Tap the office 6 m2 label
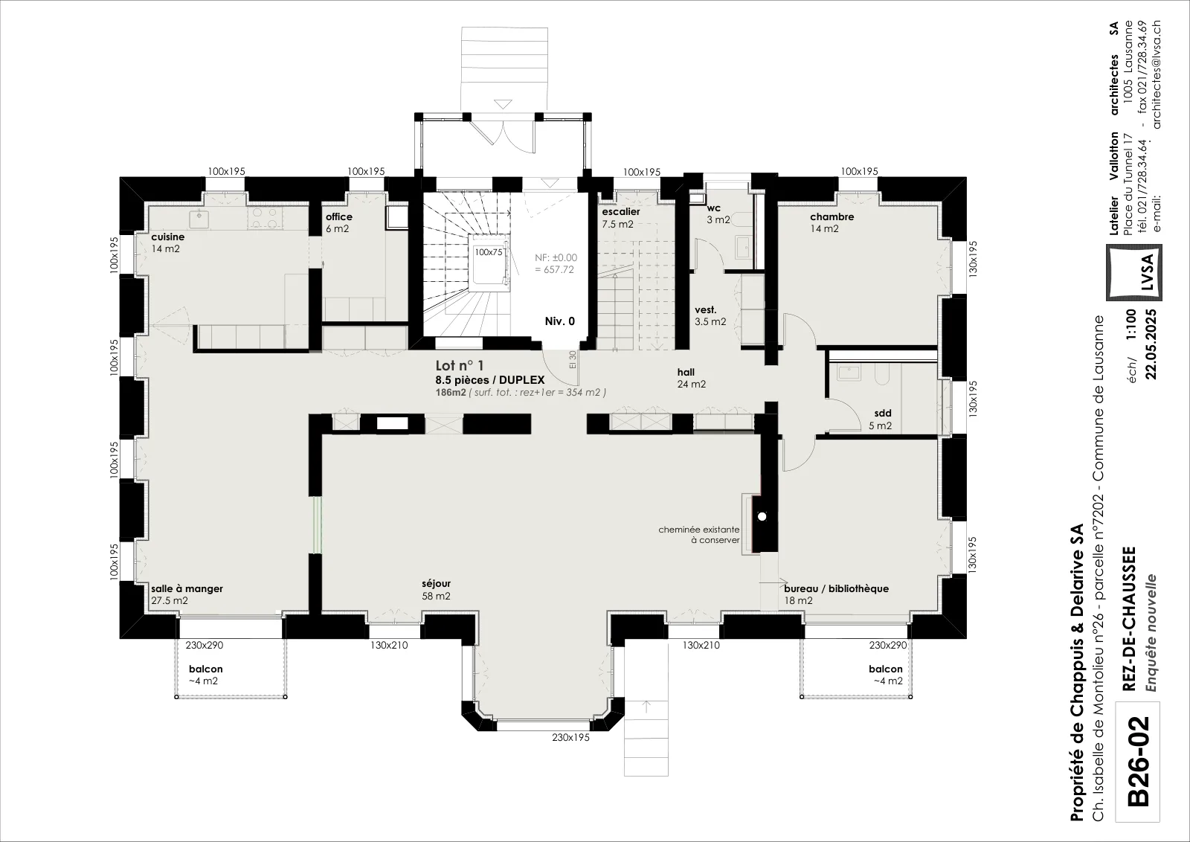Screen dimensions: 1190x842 (339, 222)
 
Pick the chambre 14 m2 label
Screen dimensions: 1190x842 (832, 222)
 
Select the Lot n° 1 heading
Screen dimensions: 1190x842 (460, 365)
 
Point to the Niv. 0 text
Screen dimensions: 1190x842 (560, 321)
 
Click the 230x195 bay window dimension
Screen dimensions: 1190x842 (570, 737)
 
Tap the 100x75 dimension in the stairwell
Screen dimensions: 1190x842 (488, 252)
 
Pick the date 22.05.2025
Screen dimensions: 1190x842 (1151, 344)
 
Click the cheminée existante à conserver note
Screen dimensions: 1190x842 (699, 534)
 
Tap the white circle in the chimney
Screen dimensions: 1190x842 (762, 516)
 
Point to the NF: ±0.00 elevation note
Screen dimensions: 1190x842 (556, 263)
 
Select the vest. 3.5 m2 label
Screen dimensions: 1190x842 (710, 315)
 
